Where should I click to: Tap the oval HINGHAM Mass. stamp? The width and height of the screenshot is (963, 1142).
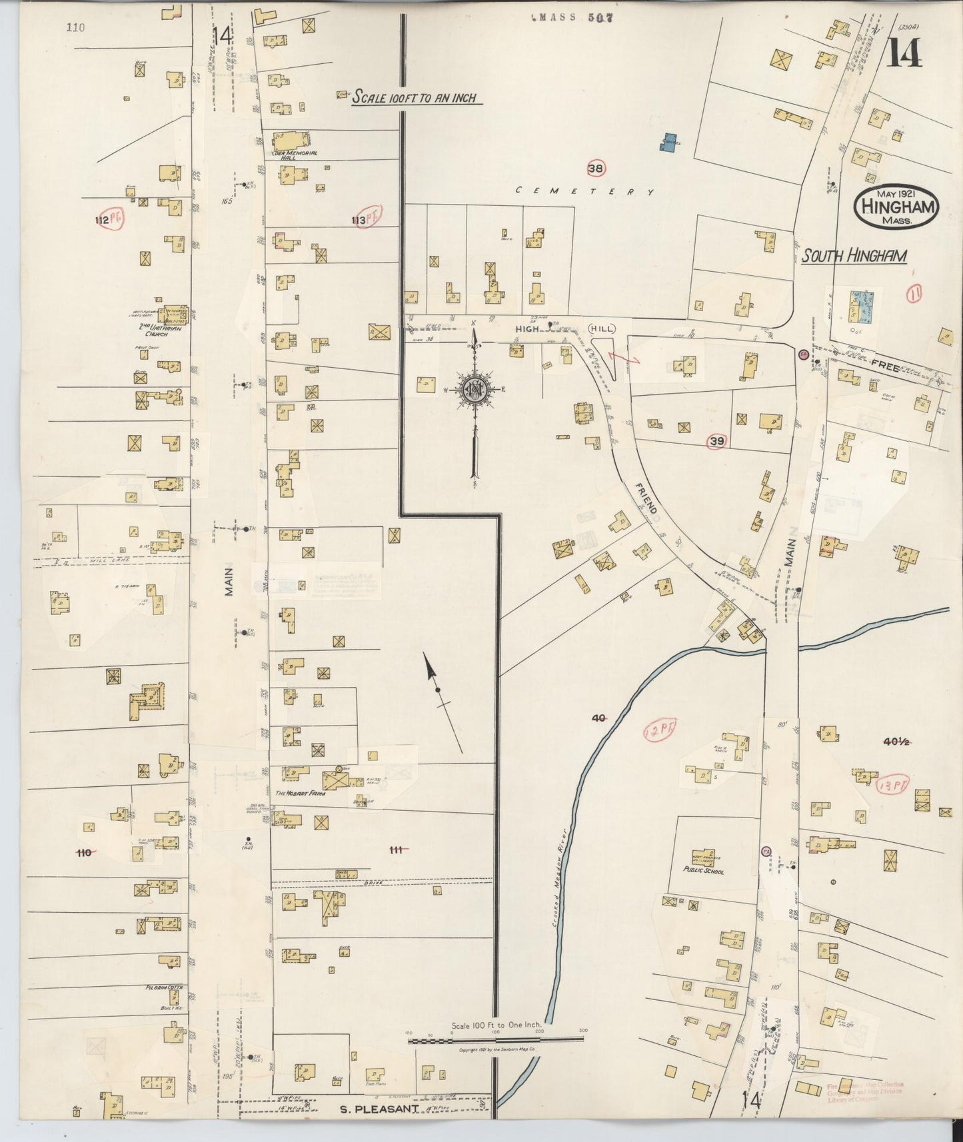click(897, 209)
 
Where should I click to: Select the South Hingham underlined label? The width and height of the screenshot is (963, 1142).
click(853, 256)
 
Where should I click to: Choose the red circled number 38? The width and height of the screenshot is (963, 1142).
click(595, 169)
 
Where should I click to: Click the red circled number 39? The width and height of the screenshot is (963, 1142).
click(716, 441)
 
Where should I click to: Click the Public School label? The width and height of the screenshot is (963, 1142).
click(704, 870)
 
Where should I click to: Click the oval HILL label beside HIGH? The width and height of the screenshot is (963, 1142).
click(601, 328)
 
